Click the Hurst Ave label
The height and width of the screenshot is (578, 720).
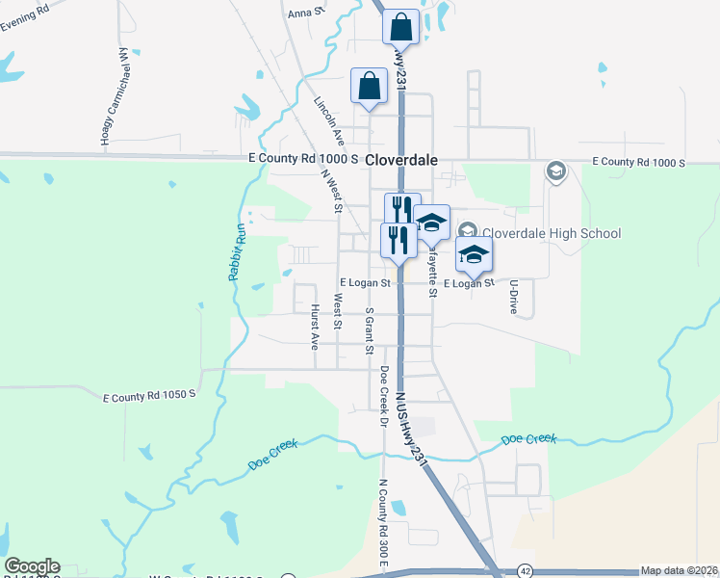[x=315, y=326]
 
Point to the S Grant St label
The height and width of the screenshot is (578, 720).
[x=369, y=330]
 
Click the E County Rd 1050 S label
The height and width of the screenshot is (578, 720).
[x=149, y=395]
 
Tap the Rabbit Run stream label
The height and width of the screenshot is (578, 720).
[x=236, y=251]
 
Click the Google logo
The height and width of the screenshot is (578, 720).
[x=32, y=566]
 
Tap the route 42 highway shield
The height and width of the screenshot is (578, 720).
[x=524, y=570]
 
